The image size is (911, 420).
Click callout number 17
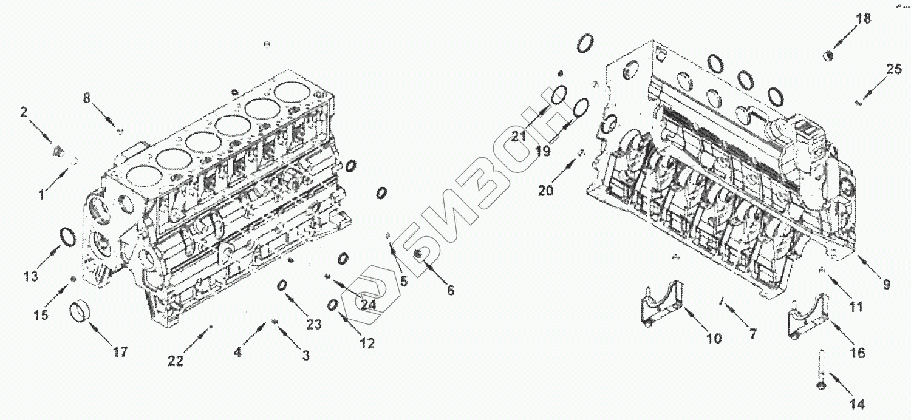(120, 351)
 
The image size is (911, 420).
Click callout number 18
(863, 19)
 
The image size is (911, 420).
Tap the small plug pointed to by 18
(827, 56)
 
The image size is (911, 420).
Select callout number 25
(893, 69)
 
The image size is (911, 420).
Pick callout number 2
(24, 112)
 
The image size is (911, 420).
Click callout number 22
(176, 361)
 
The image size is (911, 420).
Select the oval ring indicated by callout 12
(333, 305)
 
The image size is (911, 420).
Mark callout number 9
(887, 283)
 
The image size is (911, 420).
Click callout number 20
(546, 191)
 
